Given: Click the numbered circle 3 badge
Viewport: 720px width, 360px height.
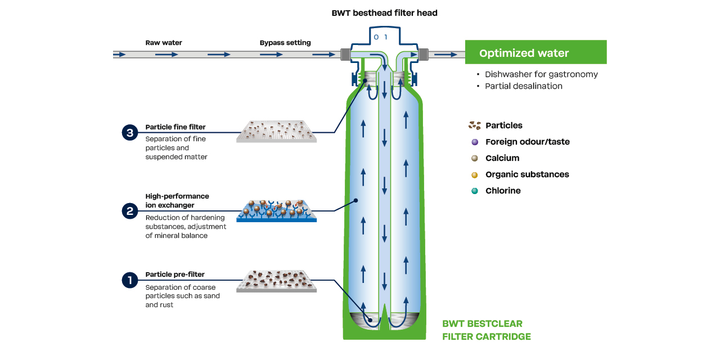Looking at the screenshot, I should pyautogui.click(x=130, y=133).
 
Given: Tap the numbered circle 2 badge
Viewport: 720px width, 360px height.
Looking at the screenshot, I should pyautogui.click(x=130, y=211).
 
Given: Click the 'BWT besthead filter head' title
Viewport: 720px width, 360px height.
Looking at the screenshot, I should pyautogui.click(x=384, y=13).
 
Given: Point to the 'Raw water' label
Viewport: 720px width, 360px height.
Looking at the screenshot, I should pyautogui.click(x=164, y=43).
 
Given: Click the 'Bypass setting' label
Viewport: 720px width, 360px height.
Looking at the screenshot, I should pyautogui.click(x=285, y=43).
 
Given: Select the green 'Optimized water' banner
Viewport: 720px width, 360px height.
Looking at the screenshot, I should pyautogui.click(x=535, y=53).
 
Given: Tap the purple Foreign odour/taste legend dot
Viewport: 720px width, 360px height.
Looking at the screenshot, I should pyautogui.click(x=475, y=142).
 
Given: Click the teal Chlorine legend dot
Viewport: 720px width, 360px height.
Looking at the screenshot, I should pyautogui.click(x=475, y=191).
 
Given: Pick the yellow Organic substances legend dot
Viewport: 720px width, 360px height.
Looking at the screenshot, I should pyautogui.click(x=475, y=175).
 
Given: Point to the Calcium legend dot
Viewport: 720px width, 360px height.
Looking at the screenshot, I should pyautogui.click(x=475, y=159).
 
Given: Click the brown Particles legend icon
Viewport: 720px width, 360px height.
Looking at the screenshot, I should pyautogui.click(x=475, y=125).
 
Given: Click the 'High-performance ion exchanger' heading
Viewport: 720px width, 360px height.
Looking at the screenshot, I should pyautogui.click(x=177, y=201).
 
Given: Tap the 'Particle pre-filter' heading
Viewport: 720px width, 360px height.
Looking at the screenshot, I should pyautogui.click(x=175, y=274).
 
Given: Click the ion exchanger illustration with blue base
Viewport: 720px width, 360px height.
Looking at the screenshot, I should pyautogui.click(x=276, y=210).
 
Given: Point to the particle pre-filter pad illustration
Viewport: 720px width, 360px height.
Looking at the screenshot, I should pyautogui.click(x=276, y=281).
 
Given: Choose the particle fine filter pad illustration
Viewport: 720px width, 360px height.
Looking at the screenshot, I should pyautogui.click(x=276, y=131).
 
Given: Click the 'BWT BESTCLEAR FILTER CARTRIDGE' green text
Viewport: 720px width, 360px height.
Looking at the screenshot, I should pyautogui.click(x=486, y=330).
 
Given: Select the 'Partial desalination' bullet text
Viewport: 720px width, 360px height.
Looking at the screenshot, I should pyautogui.click(x=523, y=86).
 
